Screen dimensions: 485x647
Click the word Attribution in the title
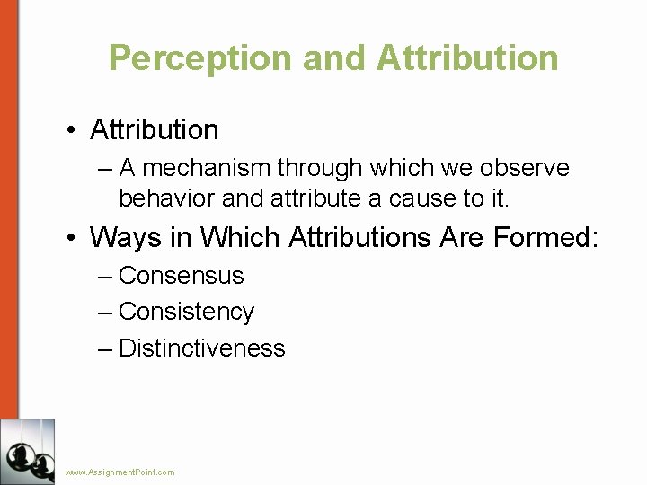pos(467,58)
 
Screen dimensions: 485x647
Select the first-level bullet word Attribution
pos(154,130)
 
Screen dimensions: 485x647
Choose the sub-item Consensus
pos(181,276)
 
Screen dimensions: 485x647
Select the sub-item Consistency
pos(186,312)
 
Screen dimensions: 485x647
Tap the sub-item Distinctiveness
pos(201,348)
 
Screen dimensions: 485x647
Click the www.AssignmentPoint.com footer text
pos(120,472)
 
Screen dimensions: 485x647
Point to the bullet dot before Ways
pos(70,239)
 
